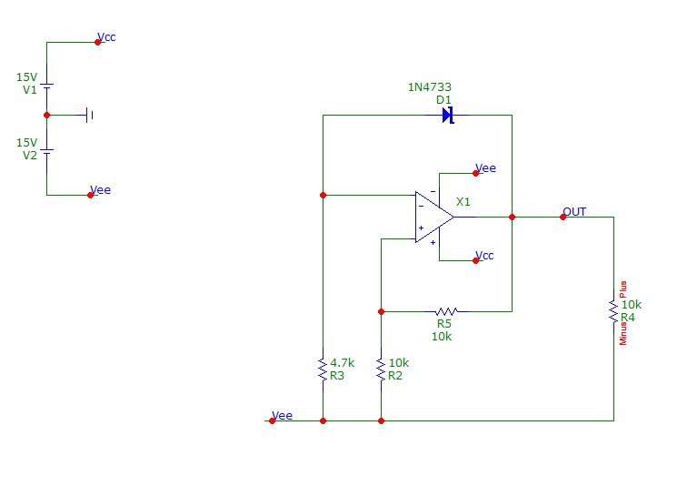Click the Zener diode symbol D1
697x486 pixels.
tap(448, 116)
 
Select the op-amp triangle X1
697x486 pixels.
tap(434, 218)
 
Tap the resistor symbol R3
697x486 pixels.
tap(324, 370)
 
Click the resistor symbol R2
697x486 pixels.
tap(381, 370)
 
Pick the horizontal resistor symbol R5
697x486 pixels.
tap(446, 311)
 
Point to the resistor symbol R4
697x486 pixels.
tap(613, 311)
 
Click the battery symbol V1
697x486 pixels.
tap(46, 86)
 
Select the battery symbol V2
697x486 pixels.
tap(46, 151)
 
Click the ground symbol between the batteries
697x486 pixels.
tap(89, 116)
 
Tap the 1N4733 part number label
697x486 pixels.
tap(430, 87)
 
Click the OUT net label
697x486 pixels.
tap(574, 211)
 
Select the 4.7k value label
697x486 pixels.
tap(343, 363)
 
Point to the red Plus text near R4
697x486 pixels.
tap(622, 289)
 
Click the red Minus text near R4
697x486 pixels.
tap(622, 334)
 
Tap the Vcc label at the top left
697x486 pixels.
tap(106, 37)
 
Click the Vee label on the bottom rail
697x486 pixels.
tap(283, 415)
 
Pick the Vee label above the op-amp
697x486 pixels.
tap(486, 167)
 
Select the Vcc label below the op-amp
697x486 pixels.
tap(484, 255)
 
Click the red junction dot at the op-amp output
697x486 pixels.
tap(513, 218)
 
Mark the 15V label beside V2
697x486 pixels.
tap(26, 142)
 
